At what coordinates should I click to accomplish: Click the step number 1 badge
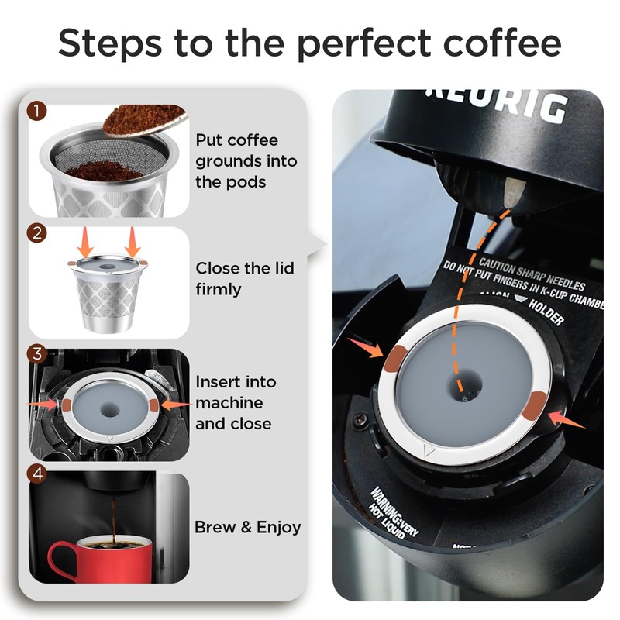pos(37,112)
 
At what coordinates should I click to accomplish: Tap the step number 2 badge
pos(37,232)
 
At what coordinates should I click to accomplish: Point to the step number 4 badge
pos(37,473)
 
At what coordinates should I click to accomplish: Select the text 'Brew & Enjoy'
pos(247,528)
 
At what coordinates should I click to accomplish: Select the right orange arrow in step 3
pos(177,404)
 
